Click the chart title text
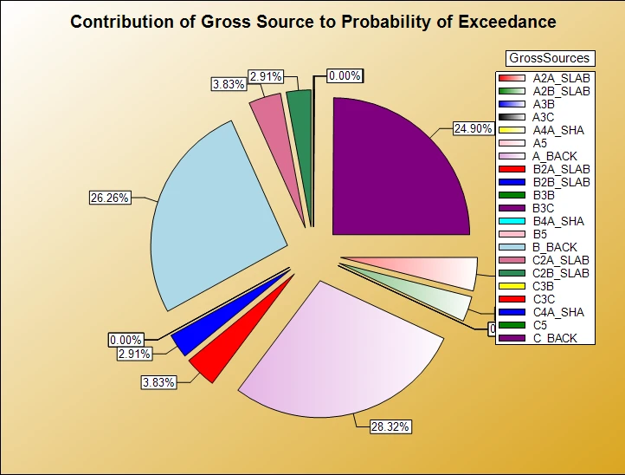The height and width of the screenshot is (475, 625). click(312, 22)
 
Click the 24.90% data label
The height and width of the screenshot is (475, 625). click(473, 128)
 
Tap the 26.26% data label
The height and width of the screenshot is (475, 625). click(110, 198)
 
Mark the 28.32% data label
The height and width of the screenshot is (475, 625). click(390, 426)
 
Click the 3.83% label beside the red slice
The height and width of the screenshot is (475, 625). click(159, 381)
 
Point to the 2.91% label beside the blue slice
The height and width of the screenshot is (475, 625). click(134, 354)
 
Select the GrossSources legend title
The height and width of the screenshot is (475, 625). click(549, 58)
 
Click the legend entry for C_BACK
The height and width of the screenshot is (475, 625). click(554, 338)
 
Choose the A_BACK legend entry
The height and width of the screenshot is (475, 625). click(554, 156)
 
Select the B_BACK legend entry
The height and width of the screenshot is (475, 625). click(554, 247)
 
